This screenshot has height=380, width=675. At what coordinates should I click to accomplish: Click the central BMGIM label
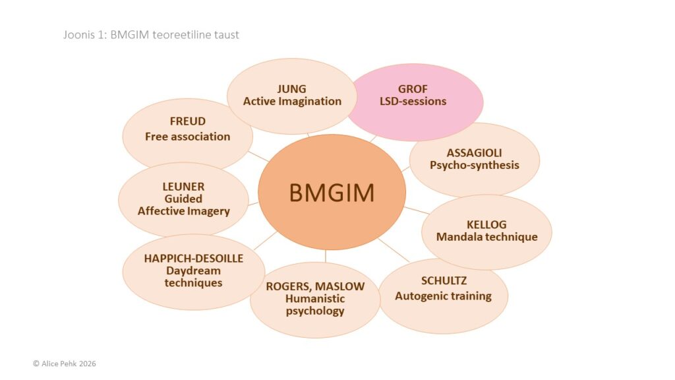pos(332,193)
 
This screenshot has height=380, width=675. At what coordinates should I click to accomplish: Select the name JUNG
pos(292,89)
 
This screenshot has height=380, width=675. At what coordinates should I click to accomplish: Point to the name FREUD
pos(188,121)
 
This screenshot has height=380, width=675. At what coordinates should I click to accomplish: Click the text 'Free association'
pos(188,137)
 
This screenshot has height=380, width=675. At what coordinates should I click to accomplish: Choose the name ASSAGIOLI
pos(474,152)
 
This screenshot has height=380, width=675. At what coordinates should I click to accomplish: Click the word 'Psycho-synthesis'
pos(474,165)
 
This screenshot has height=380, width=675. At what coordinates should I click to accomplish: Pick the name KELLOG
pos(486,224)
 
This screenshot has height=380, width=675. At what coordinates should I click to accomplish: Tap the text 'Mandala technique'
pos(486,237)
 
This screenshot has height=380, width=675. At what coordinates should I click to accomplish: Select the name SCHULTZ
pos(443,281)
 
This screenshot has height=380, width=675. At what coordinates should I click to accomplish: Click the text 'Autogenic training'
pos(443,296)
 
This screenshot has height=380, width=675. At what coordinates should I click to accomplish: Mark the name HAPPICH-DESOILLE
pos(193,258)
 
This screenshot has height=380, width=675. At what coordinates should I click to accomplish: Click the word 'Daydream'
pos(193,270)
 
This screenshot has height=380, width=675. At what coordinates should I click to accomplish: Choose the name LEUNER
pos(183,186)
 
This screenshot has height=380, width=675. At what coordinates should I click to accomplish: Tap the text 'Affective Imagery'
pos(183,211)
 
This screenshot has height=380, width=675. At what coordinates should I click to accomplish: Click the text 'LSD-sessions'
pos(413,102)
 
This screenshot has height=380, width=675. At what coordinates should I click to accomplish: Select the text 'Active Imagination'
pos(292,102)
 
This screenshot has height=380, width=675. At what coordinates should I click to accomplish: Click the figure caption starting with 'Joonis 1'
pos(151,34)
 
